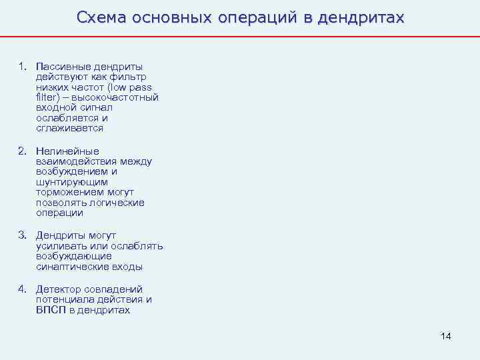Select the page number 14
click(x=446, y=336)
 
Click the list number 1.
click(x=23, y=66)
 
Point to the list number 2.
click(x=23, y=151)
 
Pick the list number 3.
click(x=23, y=235)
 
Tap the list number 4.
click(x=23, y=289)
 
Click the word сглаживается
click(x=69, y=128)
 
